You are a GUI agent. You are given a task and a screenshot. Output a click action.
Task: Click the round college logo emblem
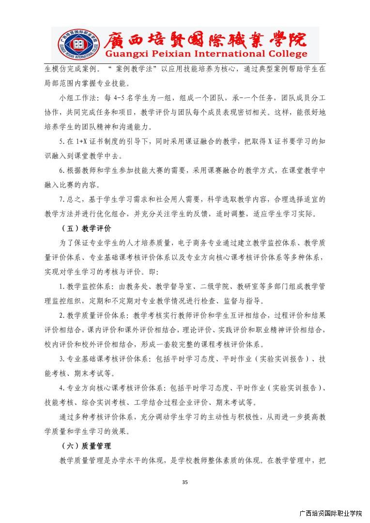tap(74, 45)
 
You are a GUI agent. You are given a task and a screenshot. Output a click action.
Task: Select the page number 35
tap(185, 482)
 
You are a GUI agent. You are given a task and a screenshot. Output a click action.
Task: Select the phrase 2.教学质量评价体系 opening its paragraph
tap(92, 315)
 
